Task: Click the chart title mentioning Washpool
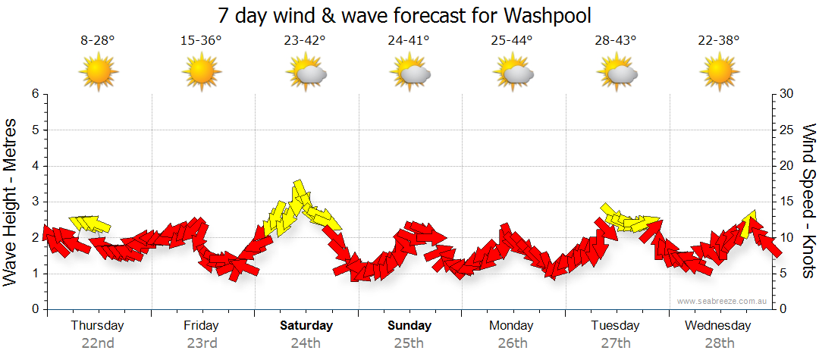(404, 16)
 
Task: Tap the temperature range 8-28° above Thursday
(98, 41)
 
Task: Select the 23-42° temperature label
(306, 41)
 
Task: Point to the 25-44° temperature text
(512, 41)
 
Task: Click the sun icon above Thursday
(99, 74)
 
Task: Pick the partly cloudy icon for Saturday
(306, 74)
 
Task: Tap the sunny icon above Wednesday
(719, 74)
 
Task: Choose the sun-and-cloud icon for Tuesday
(616, 74)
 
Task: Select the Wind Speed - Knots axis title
(808, 202)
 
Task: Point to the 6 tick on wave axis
(35, 94)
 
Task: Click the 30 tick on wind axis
(786, 94)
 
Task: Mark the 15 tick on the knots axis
(786, 202)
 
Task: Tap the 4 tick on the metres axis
(35, 166)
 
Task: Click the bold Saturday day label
(306, 326)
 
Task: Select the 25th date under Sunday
(409, 343)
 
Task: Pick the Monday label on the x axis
(512, 326)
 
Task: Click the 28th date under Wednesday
(718, 343)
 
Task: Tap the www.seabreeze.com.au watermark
(723, 301)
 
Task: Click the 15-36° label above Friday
(201, 41)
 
